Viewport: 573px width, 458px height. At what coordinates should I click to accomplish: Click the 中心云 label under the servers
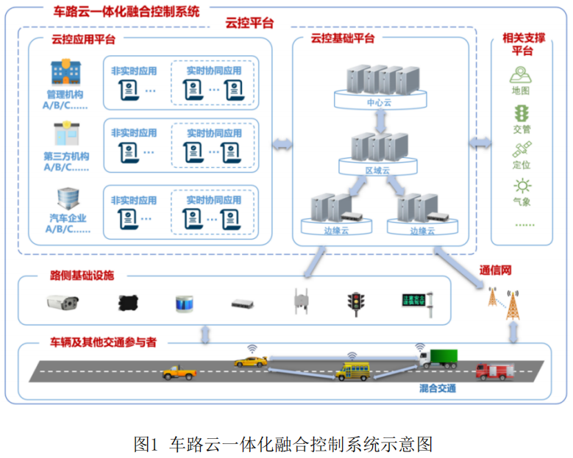click(379, 103)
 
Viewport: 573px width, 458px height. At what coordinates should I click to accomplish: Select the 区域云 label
click(377, 170)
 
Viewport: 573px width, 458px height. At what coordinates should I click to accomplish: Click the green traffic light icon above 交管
click(522, 113)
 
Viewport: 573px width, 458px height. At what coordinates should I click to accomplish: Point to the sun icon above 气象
click(522, 186)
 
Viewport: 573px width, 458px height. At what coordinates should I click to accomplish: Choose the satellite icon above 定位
click(522, 149)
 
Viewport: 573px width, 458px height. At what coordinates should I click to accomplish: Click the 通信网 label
click(495, 270)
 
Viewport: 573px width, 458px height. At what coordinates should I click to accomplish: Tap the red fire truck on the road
click(491, 369)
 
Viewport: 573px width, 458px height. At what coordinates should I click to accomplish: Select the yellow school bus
click(352, 371)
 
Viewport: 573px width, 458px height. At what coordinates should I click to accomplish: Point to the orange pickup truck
click(179, 372)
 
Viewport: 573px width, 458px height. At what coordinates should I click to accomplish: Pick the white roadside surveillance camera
click(63, 302)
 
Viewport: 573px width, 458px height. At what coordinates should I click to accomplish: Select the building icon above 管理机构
click(65, 72)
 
